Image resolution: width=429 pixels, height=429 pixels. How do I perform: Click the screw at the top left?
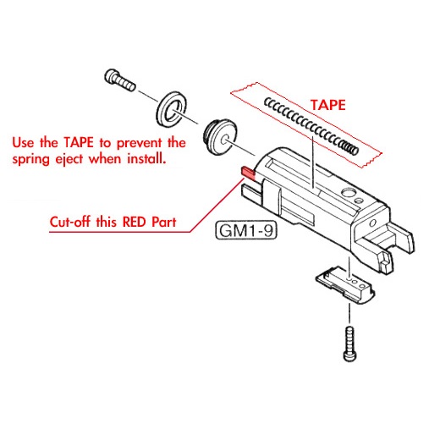point(119,80)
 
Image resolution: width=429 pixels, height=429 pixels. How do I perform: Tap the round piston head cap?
point(220,139)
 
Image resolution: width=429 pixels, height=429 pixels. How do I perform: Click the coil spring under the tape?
point(311,126)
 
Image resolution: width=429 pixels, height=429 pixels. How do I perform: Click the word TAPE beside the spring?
point(328,105)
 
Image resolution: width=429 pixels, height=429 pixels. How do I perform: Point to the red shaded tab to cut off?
point(249,173)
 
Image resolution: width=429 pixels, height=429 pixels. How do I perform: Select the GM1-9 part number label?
point(246,230)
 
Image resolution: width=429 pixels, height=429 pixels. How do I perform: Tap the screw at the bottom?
point(350,344)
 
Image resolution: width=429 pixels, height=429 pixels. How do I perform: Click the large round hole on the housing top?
point(349,193)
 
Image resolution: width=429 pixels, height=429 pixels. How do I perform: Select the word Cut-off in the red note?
point(70,222)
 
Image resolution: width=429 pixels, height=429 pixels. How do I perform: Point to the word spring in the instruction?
point(30,160)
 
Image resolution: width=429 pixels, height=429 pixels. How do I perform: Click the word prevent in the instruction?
point(140,144)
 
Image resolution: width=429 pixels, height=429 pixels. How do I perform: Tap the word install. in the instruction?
point(146,158)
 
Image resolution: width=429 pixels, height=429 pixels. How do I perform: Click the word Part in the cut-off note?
point(164,222)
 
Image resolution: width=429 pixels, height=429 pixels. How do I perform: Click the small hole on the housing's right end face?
point(372,223)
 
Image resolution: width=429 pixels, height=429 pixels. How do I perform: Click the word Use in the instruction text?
point(23,143)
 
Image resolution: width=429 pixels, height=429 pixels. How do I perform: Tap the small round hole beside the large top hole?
point(359,201)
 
